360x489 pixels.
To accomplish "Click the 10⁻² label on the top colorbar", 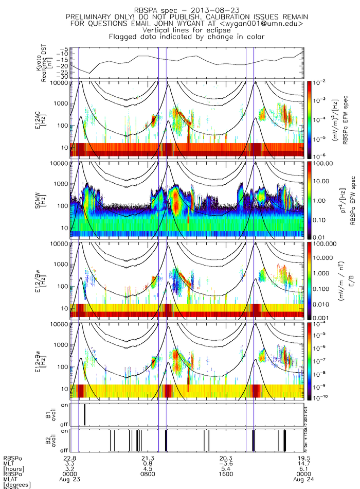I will [320, 82].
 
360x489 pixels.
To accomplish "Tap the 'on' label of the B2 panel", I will [65, 431].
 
